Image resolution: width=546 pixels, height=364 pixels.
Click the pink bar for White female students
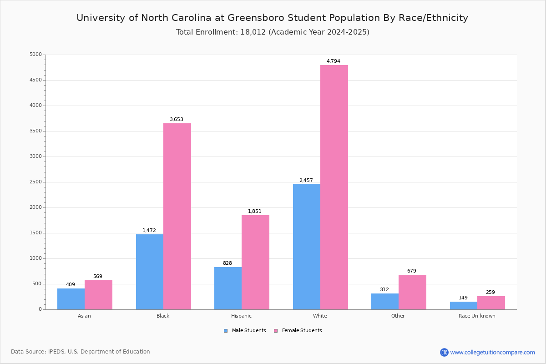[334, 187]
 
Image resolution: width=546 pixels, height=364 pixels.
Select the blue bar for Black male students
[150, 272]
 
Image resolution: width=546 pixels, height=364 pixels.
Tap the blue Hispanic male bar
[228, 288]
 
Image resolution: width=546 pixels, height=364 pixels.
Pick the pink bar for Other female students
[412, 292]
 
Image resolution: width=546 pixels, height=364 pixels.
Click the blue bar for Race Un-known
[463, 305]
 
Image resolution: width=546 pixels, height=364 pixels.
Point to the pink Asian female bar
[98, 295]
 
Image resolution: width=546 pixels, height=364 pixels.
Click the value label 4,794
[333, 61]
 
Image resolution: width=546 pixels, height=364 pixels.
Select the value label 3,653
[176, 120]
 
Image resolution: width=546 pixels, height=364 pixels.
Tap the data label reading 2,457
[306, 181]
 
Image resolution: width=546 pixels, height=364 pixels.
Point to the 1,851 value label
[255, 212]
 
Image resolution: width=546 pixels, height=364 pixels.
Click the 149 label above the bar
[463, 298]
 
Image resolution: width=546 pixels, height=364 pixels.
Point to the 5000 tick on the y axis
[35, 55]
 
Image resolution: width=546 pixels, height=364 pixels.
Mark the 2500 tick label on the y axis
[35, 182]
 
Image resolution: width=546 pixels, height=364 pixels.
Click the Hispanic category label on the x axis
[241, 316]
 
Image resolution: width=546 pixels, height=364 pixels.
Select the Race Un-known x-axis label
[477, 316]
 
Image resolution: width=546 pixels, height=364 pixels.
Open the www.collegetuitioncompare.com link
[492, 352]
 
